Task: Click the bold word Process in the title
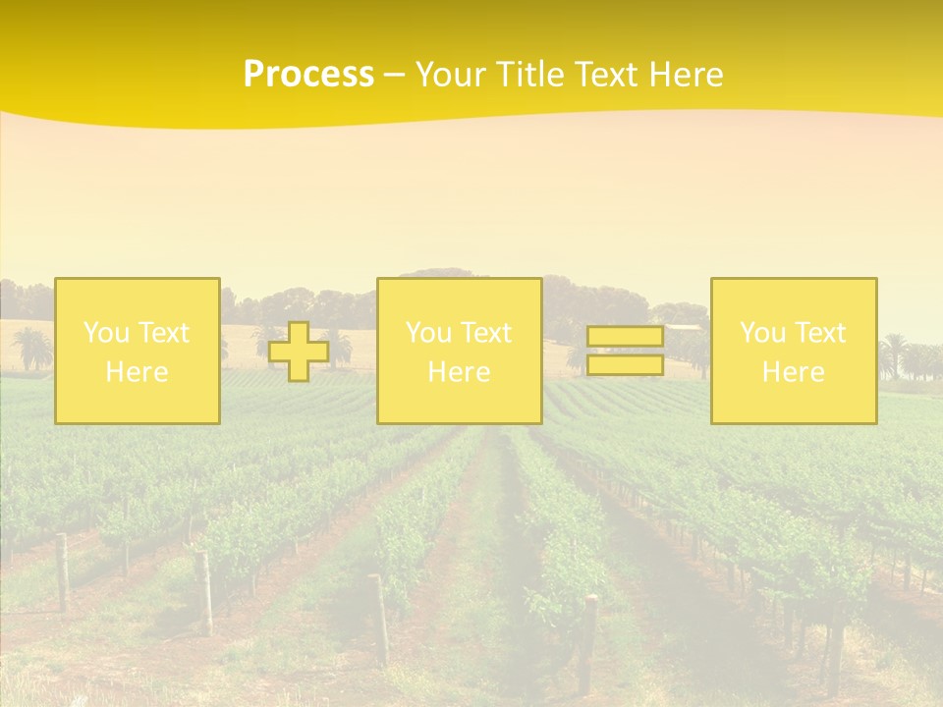(308, 75)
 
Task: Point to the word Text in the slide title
(610, 75)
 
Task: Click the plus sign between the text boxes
(299, 352)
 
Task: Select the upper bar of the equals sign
(625, 337)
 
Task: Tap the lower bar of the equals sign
(625, 365)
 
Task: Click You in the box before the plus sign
(105, 333)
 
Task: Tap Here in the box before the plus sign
(137, 372)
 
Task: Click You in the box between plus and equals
(427, 333)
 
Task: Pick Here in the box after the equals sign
(794, 372)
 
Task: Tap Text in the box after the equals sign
(819, 333)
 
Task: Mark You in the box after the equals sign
(762, 333)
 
